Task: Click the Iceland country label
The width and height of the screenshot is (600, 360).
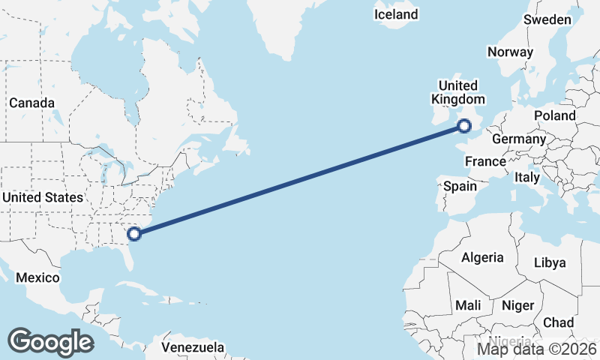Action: pyautogui.click(x=396, y=15)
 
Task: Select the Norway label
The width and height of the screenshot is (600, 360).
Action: pyautogui.click(x=510, y=52)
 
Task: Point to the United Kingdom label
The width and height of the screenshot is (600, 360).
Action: pyautogui.click(x=457, y=92)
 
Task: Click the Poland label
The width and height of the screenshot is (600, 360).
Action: pyautogui.click(x=554, y=115)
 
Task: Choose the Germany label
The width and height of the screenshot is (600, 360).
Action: pyautogui.click(x=519, y=139)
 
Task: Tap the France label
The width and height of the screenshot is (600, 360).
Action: pyautogui.click(x=485, y=161)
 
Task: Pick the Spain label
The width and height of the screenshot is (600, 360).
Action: pyautogui.click(x=460, y=186)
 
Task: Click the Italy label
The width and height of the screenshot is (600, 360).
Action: pyautogui.click(x=526, y=178)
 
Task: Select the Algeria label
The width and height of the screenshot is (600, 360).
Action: pyautogui.click(x=482, y=257)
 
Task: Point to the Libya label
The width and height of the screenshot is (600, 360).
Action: pyautogui.click(x=550, y=262)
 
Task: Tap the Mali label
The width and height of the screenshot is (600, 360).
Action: pyautogui.click(x=468, y=306)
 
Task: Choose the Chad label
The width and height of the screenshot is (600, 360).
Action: pyautogui.click(x=558, y=322)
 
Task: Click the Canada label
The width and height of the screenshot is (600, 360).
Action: pyautogui.click(x=31, y=103)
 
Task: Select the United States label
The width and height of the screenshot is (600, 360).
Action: pyautogui.click(x=43, y=197)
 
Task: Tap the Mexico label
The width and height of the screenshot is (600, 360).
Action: pyautogui.click(x=37, y=277)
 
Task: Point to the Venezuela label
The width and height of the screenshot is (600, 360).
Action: pyautogui.click(x=193, y=348)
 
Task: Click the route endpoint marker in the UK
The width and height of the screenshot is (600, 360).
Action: pyautogui.click(x=464, y=127)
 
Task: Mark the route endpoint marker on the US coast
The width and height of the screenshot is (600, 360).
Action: pyautogui.click(x=134, y=233)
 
